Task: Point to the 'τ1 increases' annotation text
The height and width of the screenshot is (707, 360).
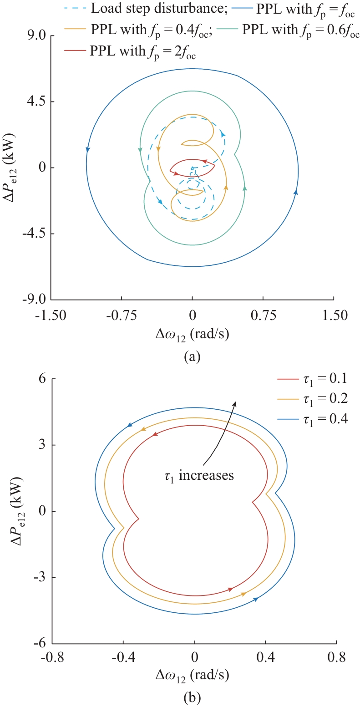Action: pos(199,476)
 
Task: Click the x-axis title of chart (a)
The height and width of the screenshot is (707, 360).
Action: pos(192,336)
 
